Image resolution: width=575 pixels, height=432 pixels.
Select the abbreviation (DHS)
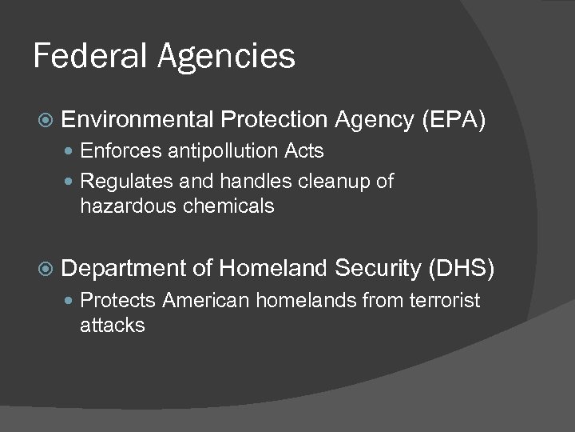(x=462, y=270)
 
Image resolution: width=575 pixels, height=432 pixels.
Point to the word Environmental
(x=137, y=120)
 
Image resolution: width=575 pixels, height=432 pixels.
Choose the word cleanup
(x=335, y=182)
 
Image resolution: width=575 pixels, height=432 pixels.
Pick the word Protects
(x=117, y=301)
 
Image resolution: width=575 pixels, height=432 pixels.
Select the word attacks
(x=113, y=326)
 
